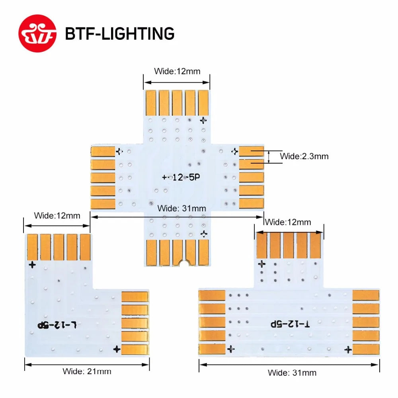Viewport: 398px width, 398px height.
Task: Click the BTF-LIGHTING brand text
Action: [119, 34]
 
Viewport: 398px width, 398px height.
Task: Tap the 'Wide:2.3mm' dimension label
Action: [304, 156]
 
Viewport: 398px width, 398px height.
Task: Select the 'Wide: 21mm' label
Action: [87, 371]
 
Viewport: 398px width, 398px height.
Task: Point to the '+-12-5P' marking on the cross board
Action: [181, 178]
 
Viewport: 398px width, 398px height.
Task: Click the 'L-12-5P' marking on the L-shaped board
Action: [57, 325]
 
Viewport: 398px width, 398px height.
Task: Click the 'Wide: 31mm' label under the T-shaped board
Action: [292, 373]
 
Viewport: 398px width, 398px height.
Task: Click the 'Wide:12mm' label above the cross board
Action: [177, 72]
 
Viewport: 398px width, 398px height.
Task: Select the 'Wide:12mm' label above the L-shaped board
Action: [57, 216]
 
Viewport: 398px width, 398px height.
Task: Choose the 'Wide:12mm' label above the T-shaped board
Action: [288, 222]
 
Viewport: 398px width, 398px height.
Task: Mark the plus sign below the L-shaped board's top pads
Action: [32, 264]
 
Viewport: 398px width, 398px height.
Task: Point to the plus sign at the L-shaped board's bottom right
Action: [117, 349]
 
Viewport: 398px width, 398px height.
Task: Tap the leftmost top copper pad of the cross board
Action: [151, 103]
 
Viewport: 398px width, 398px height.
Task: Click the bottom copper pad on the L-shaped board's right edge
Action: [135, 349]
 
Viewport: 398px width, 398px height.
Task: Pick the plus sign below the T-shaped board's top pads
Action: [261, 263]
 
